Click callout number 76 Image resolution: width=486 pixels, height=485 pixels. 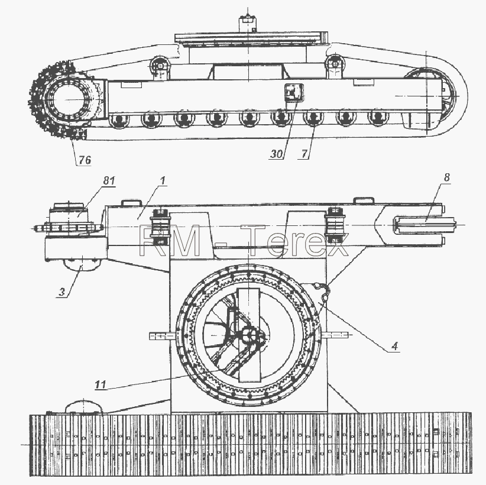[85, 160]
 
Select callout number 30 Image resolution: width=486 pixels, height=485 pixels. [277, 154]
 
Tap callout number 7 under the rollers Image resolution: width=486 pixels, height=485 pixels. [304, 154]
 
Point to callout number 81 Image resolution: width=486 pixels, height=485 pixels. [109, 180]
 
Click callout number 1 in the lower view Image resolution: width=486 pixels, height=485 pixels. [163, 180]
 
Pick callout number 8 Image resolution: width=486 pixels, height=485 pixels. [446, 177]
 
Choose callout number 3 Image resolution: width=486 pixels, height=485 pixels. [62, 292]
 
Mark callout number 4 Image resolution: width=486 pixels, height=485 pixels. [394, 346]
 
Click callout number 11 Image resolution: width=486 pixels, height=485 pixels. [101, 385]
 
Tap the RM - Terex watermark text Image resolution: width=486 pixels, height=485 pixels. [244, 241]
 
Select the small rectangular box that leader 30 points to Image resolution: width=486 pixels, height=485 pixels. [293, 92]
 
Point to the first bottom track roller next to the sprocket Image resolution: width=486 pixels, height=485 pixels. [119, 119]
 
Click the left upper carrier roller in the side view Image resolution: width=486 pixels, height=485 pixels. [160, 65]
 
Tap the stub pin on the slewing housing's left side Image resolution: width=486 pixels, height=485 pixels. [162, 336]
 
